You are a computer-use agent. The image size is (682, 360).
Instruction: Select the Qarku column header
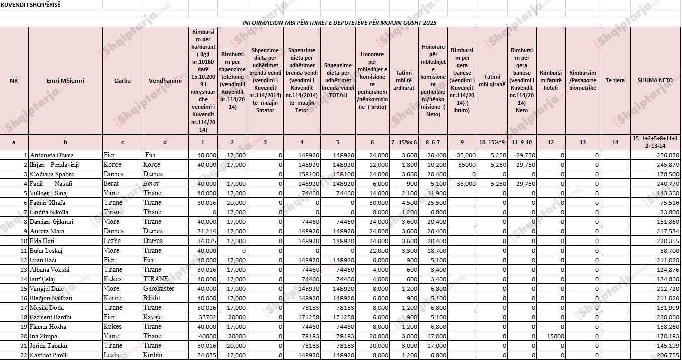tap(122, 80)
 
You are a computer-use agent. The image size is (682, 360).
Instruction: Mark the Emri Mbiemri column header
tap(65, 80)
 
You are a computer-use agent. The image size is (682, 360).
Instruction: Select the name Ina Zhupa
tap(43, 336)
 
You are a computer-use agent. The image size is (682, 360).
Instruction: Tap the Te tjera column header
tap(615, 80)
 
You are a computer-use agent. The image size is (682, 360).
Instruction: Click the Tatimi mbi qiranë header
tap(492, 80)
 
